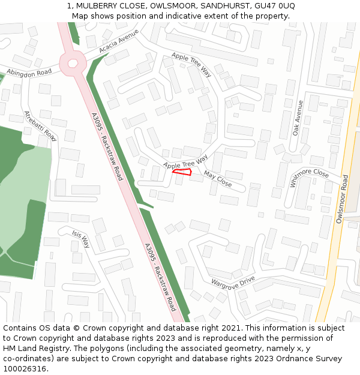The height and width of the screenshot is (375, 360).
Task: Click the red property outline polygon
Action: [x=182, y=172]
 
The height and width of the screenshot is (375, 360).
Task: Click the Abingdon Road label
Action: [x=29, y=71]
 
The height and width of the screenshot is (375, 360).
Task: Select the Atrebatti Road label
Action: [x=40, y=126]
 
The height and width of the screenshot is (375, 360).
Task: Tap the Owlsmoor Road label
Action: [x=342, y=199]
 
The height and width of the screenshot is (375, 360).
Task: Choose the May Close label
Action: [x=218, y=178]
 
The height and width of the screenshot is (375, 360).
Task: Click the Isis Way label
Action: [x=80, y=239]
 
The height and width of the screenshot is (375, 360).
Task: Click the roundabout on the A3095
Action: [x=73, y=62]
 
